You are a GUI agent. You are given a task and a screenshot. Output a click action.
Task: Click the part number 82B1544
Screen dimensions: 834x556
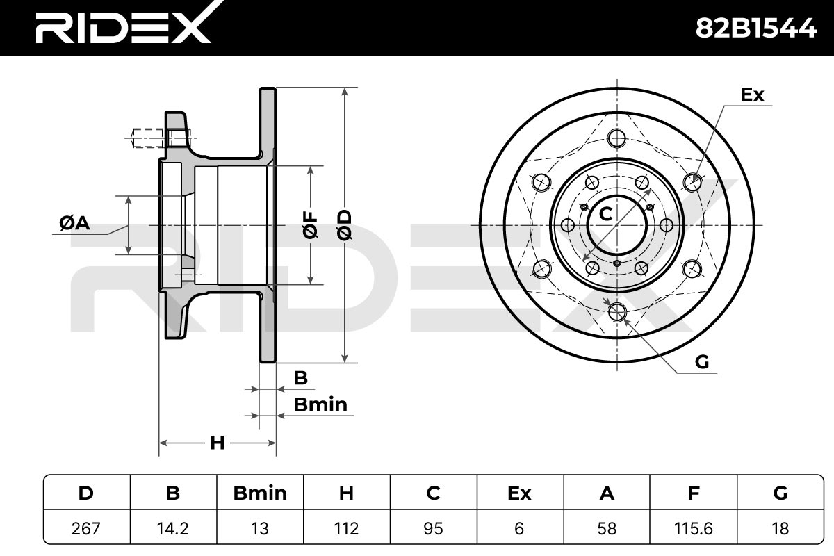(x=756, y=28)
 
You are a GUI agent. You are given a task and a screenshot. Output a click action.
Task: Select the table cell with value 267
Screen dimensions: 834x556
(x=86, y=528)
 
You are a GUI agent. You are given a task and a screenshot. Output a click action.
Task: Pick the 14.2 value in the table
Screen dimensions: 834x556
(x=173, y=528)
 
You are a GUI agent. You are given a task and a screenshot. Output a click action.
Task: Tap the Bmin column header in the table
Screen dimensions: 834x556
(x=260, y=493)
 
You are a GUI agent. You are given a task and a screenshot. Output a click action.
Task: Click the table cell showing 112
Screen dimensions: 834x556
(x=347, y=528)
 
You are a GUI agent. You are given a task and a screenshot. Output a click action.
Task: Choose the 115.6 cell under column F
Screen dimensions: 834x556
(x=694, y=528)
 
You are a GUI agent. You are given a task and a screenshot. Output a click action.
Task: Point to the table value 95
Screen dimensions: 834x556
(x=434, y=528)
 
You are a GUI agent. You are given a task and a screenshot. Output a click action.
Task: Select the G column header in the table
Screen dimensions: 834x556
(x=780, y=493)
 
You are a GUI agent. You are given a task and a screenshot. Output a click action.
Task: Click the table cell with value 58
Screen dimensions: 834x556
(x=607, y=528)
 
